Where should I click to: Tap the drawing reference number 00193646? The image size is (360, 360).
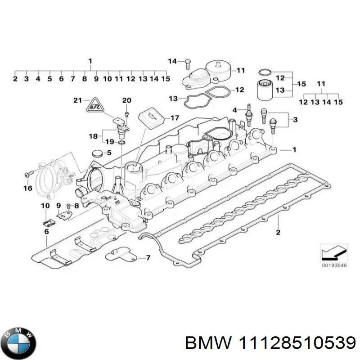(x=333, y=265)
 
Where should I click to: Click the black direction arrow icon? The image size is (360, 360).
(x=333, y=252)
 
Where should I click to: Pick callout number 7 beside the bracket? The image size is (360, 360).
(x=148, y=258)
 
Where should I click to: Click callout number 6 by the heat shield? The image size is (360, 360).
(x=46, y=231)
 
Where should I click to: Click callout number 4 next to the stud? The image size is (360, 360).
(x=234, y=110)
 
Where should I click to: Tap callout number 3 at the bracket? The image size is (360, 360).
(x=295, y=119)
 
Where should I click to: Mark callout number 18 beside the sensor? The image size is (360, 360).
(x=93, y=135)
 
